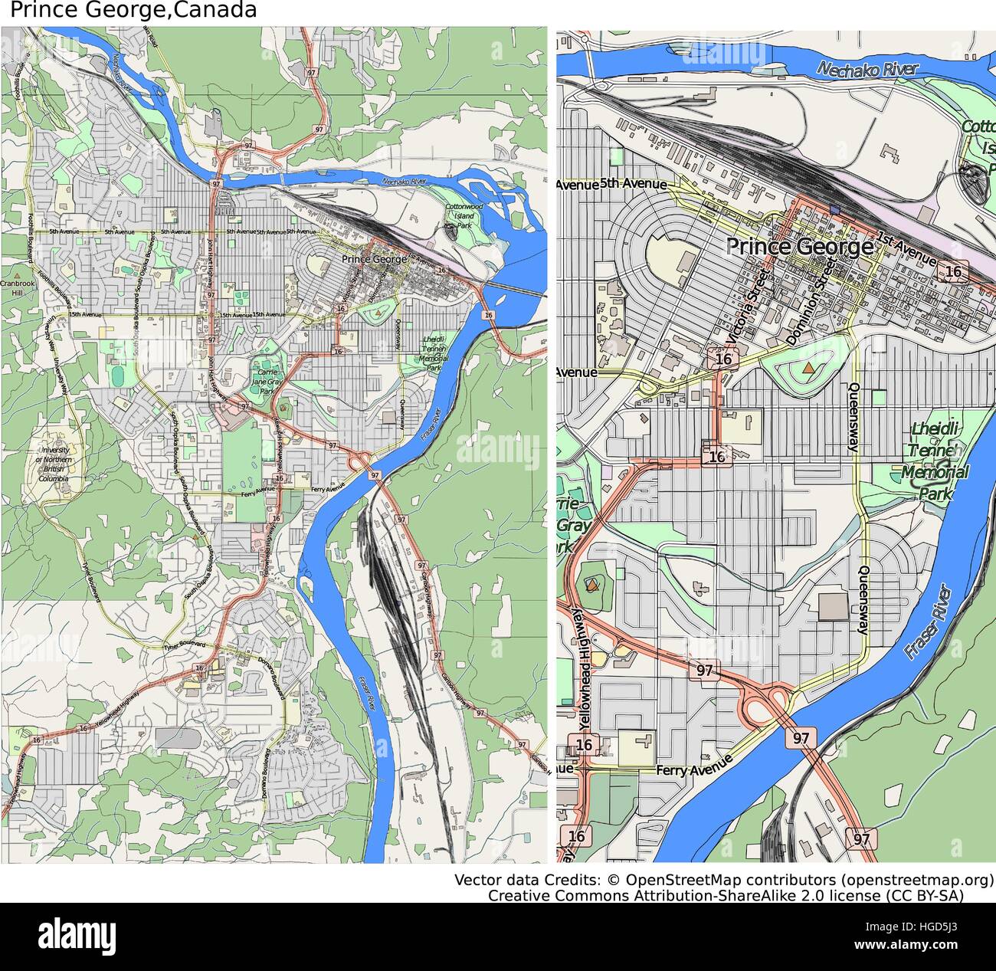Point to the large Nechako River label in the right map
click(867, 69)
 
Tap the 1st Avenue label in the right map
click(906, 248)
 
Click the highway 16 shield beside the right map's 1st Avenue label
click(952, 271)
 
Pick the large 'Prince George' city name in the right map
click(799, 247)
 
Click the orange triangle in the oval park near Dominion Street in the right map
click(809, 369)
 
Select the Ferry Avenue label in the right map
click(694, 766)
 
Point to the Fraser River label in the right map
click(927, 622)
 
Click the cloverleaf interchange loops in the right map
click(763, 704)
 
